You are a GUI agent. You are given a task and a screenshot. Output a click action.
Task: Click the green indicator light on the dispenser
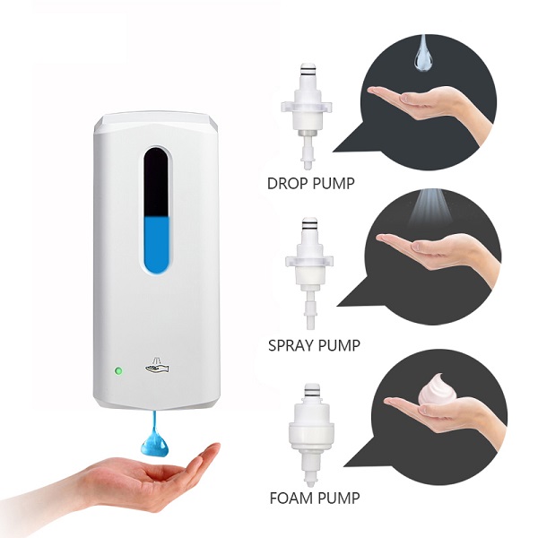[118, 371]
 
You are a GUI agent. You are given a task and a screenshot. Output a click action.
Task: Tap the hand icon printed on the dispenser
[157, 366]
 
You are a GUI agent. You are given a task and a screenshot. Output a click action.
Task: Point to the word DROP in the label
[287, 184]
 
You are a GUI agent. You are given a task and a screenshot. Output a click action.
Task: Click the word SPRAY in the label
[290, 345]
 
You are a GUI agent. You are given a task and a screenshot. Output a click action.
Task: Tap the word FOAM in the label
[291, 499]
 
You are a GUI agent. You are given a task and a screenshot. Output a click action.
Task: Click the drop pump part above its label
[307, 116]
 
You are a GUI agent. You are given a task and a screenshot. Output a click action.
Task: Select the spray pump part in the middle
[309, 273]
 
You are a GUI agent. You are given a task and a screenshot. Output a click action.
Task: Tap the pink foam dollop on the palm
[438, 389]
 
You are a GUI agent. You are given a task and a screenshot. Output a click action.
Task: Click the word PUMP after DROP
[332, 184]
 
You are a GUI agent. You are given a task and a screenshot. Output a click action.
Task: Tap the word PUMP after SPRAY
[337, 345]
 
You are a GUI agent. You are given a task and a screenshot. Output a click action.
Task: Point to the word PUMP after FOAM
[338, 499]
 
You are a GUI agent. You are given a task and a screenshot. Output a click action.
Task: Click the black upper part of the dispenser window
[156, 182]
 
